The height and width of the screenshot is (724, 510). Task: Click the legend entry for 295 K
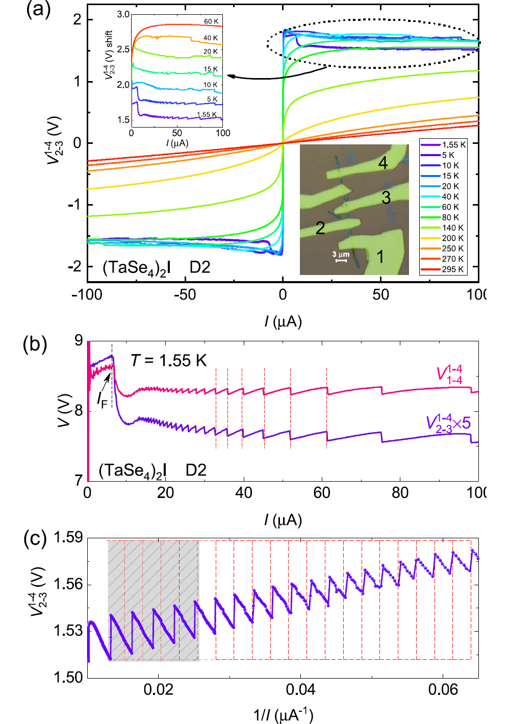click(443, 269)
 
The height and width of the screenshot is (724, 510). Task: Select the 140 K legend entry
click(443, 228)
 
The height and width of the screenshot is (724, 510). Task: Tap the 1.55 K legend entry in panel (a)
click(443, 144)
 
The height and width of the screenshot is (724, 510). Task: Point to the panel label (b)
click(35, 345)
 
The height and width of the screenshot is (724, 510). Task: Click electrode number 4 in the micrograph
click(383, 163)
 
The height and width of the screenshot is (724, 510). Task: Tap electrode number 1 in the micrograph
click(380, 257)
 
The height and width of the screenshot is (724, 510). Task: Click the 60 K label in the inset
click(211, 21)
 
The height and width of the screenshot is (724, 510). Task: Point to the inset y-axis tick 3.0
click(123, 14)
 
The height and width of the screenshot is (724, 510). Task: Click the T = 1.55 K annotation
click(168, 361)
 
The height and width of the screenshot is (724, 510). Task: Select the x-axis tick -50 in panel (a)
click(185, 295)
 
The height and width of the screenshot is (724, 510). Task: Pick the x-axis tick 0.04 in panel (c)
click(300, 690)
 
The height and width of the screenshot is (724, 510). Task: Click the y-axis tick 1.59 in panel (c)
click(68, 537)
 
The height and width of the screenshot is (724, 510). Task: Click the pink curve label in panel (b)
click(449, 375)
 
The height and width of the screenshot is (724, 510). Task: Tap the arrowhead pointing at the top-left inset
click(230, 77)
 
